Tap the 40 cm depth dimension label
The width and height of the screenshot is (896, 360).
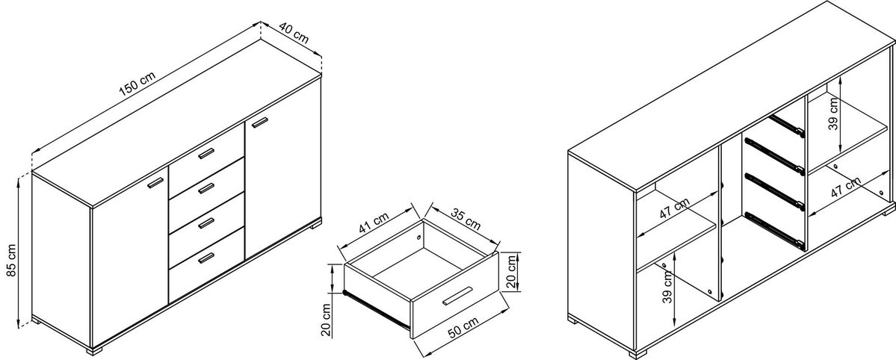[x=294, y=34]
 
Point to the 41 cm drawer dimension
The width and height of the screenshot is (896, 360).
[x=374, y=223]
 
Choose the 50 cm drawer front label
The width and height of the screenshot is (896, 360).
[x=463, y=329]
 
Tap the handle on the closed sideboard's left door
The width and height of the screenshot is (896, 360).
[x=155, y=182]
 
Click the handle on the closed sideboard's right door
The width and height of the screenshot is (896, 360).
[x=260, y=122]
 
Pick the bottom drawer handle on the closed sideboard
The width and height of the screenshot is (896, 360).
[x=206, y=258]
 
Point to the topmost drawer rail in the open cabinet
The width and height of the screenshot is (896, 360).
[x=787, y=126]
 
